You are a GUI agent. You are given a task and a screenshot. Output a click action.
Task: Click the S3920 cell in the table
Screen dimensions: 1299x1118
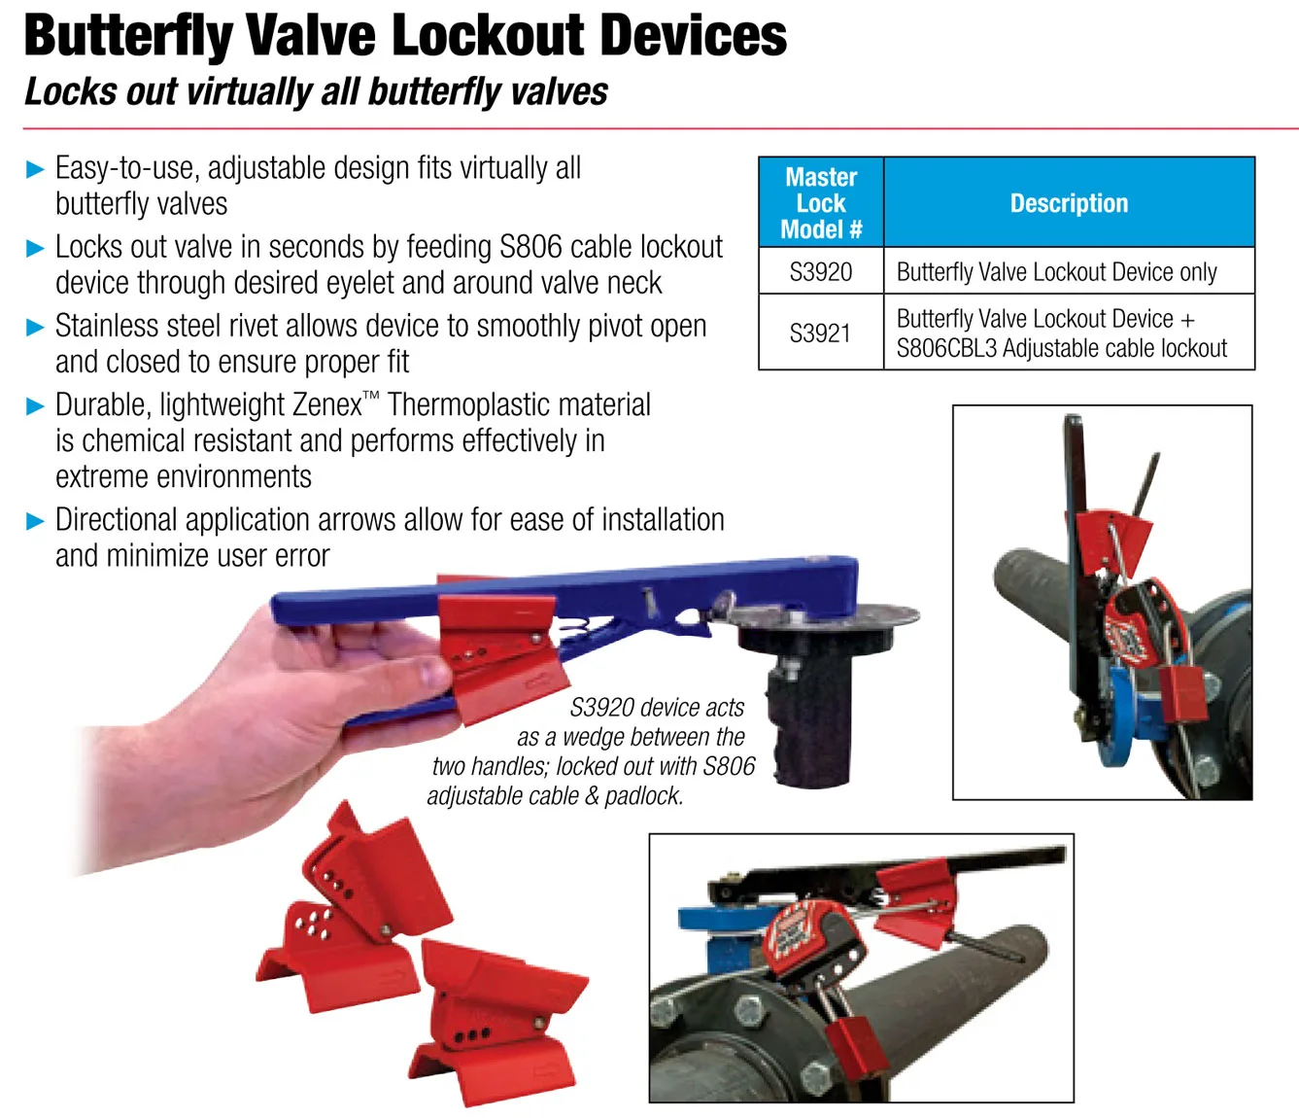coord(821,271)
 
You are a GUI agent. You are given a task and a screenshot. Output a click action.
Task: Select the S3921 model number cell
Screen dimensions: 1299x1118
coord(821,332)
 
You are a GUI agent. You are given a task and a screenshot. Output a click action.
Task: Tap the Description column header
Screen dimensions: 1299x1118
coord(1069,202)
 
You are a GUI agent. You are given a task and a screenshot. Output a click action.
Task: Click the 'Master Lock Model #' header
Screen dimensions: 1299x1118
coord(821,202)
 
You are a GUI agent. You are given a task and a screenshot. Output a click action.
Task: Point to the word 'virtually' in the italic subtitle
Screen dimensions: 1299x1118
coord(249,91)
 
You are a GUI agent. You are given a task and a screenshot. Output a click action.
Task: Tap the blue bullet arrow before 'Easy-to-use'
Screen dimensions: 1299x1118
coord(35,169)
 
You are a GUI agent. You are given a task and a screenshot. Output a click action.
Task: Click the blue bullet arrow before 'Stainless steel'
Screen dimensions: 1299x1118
coord(35,327)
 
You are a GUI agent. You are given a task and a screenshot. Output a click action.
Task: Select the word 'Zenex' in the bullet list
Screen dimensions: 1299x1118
coord(326,405)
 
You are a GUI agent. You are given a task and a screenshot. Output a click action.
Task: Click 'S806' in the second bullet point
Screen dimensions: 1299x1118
coord(530,247)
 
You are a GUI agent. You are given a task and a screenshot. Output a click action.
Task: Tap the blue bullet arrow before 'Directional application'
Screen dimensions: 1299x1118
coord(35,521)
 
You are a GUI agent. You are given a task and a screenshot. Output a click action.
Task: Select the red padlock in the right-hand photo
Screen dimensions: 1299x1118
coord(1183,693)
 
